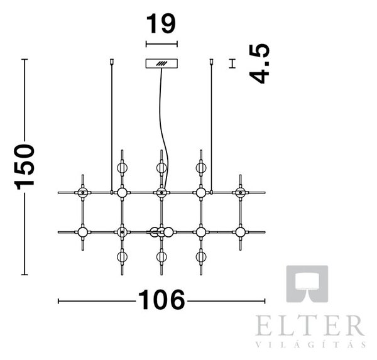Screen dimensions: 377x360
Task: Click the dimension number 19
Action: (161, 24)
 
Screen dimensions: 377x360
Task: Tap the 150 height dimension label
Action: (25, 167)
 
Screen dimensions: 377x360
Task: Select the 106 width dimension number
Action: (161, 300)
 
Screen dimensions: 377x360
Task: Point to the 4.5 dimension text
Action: (260, 64)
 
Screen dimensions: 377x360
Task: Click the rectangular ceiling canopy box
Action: (161, 63)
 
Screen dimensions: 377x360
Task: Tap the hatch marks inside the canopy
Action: (161, 63)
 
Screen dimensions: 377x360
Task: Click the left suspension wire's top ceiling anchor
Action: (112, 62)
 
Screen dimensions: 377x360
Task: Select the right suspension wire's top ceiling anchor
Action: (212, 62)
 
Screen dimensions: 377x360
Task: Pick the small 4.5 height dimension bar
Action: (232, 63)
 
